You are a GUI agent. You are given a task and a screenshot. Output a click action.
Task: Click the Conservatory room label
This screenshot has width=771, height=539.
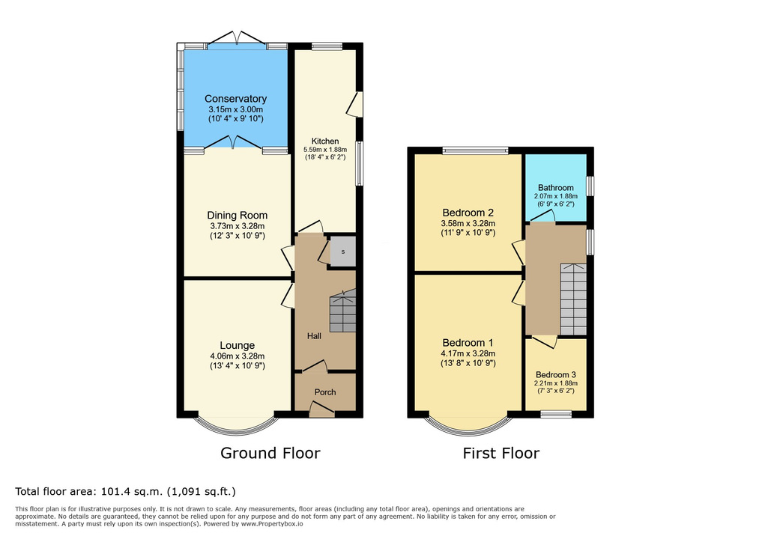pos(235,99)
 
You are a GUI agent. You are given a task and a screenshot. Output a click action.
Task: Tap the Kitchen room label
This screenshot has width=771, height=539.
pos(325,141)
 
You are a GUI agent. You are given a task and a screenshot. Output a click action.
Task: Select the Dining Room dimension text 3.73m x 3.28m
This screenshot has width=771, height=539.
pos(237,226)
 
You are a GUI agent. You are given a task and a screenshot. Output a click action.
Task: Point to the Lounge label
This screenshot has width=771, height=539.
pos(237,345)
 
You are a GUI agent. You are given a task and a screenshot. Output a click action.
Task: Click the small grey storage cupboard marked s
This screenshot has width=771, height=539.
pos(342,252)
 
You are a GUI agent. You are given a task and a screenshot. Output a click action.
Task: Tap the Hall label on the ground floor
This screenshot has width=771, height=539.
pos(314,336)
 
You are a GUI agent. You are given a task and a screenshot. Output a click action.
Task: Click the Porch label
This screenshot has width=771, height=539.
pos(325,392)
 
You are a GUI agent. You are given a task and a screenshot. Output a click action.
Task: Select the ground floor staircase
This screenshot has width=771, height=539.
pos(342,311)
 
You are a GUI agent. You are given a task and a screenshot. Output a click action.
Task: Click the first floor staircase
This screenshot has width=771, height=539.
pos(573,299)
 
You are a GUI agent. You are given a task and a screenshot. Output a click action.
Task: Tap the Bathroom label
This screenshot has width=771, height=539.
pos(556,188)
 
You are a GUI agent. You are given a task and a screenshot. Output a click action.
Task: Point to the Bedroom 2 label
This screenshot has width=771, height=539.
pos(468,213)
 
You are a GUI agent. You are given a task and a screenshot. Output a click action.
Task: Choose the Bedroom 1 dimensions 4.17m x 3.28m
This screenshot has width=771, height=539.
pos(468,353)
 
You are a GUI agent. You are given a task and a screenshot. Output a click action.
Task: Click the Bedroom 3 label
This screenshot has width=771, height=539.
pos(556,375)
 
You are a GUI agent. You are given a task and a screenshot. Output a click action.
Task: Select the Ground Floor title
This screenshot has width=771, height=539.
pos(270,453)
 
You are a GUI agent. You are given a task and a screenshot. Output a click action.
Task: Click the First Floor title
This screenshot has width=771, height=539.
pos(501,453)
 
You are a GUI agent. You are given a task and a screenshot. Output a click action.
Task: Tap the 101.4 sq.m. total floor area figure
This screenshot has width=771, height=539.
pos(133,491)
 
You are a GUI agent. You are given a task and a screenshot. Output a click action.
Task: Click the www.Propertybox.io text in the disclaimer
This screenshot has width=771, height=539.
pos(272,524)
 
